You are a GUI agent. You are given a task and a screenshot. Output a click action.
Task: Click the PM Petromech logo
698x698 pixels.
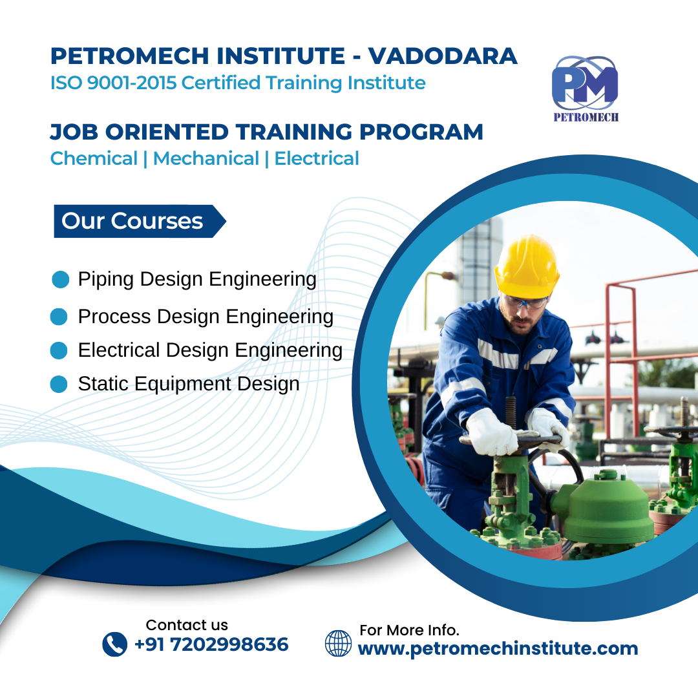click(585, 89)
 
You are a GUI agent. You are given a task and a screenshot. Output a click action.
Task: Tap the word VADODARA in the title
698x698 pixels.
click(443, 56)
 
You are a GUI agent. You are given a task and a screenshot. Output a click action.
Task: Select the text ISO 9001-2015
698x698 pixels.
click(114, 83)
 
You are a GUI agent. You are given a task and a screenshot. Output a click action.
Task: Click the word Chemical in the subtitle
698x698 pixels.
click(94, 158)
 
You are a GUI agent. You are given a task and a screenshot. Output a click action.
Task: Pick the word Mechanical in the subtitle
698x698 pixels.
click(206, 158)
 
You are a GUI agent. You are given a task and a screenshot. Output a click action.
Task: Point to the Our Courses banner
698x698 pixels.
click(140, 221)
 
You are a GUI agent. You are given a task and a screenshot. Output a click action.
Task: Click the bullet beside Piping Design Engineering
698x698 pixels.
click(61, 280)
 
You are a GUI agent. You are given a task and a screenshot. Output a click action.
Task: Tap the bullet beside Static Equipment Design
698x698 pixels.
click(59, 384)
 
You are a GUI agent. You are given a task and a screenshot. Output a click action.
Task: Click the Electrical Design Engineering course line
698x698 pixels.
click(210, 350)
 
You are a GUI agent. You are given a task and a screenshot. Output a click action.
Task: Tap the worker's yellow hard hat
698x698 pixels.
click(527, 266)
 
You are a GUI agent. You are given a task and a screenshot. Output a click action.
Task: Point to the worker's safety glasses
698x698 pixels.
click(525, 302)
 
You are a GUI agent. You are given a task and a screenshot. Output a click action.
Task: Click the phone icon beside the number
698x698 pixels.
click(115, 644)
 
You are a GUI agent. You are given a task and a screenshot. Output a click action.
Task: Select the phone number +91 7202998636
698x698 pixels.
click(211, 644)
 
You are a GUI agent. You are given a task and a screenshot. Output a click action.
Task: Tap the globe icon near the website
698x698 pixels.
click(338, 643)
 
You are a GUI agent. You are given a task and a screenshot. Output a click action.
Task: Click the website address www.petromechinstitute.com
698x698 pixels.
click(498, 649)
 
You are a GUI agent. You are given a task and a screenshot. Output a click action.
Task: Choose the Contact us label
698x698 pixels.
click(187, 625)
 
